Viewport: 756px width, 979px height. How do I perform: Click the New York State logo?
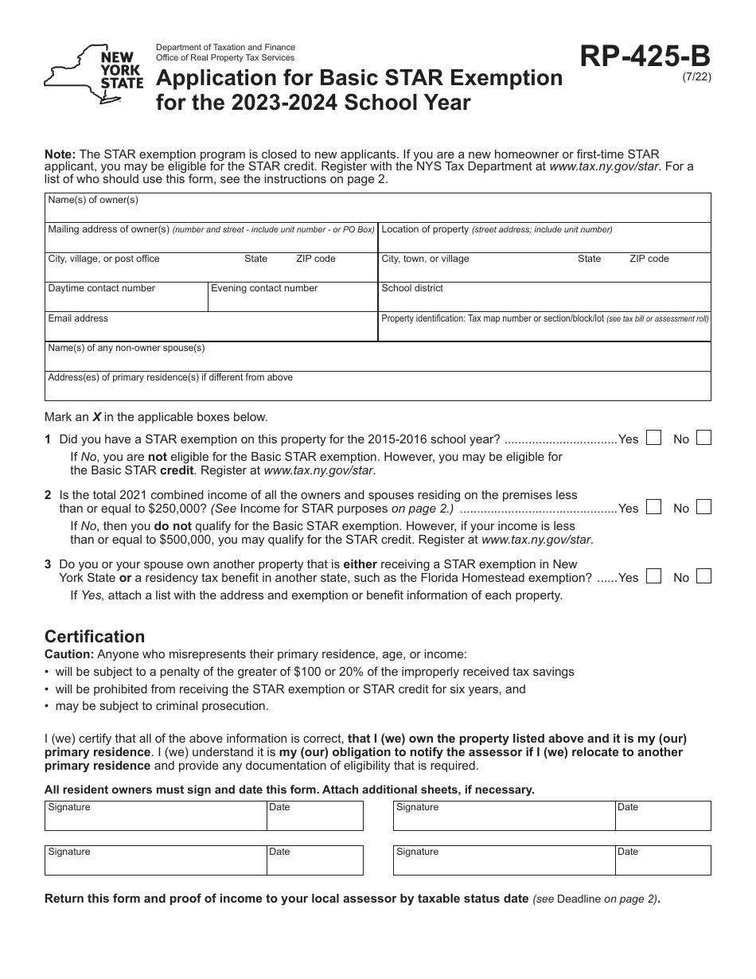(94, 73)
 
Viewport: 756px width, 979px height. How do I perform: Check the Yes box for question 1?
(653, 438)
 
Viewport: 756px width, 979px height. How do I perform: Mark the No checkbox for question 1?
(703, 438)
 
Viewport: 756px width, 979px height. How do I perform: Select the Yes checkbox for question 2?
(653, 507)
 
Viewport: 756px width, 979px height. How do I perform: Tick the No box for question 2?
(703, 507)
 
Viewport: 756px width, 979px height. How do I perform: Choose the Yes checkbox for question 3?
(653, 576)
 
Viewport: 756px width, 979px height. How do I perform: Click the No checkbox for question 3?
(703, 576)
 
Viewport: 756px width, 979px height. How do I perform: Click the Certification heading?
(95, 637)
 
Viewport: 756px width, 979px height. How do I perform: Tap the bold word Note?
(60, 154)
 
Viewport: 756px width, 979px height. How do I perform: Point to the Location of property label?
(425, 229)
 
